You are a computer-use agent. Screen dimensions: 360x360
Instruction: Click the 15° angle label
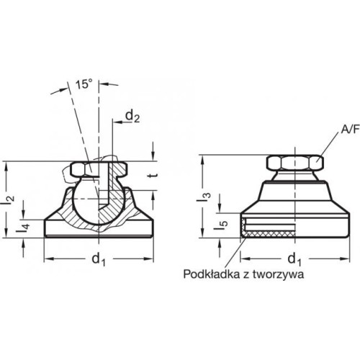coord(84,84)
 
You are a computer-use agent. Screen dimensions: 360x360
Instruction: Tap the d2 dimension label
coord(132,117)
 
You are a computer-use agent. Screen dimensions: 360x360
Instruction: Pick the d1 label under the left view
coord(99,259)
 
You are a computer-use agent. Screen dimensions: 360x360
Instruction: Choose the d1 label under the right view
coord(294,259)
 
